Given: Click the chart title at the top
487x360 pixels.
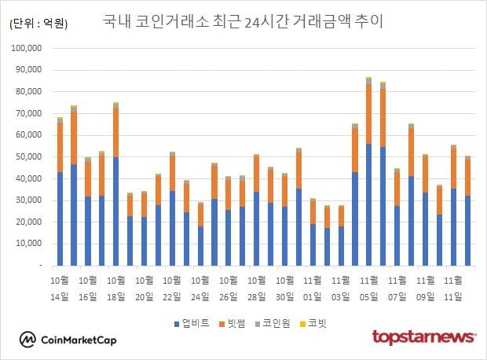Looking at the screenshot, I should tap(243, 21).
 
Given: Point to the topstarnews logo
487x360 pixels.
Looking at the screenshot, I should tap(423, 337).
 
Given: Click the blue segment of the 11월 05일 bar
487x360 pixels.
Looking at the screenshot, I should tap(368, 204).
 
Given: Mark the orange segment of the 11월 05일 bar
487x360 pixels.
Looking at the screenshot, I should tap(368, 114).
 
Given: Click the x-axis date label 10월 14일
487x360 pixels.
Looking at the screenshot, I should tap(60, 288).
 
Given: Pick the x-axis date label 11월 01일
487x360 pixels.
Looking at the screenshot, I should tap(313, 288).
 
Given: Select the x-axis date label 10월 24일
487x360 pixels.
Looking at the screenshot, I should tap(201, 288).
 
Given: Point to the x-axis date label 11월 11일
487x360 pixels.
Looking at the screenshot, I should tap(453, 288).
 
